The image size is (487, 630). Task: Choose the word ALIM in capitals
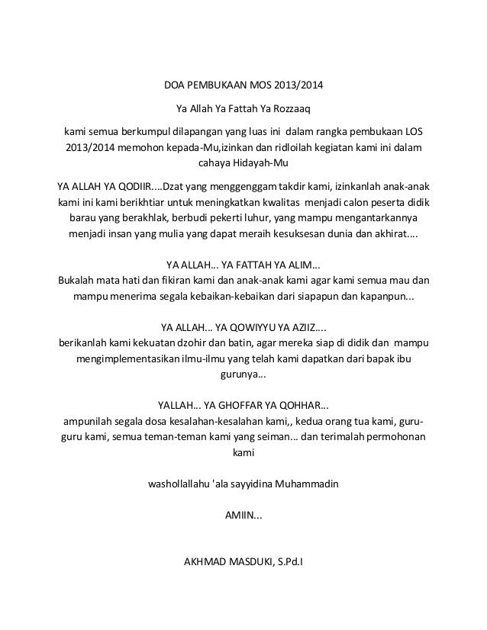tap(298, 264)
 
